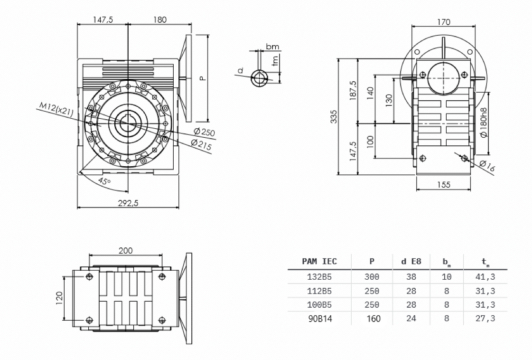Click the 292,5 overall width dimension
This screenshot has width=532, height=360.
pyautogui.click(x=129, y=203)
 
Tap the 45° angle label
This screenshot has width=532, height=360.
pyautogui.click(x=104, y=181)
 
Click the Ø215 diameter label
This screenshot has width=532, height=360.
pyautogui.click(x=200, y=144)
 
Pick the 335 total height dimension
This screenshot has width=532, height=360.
pyautogui.click(x=334, y=116)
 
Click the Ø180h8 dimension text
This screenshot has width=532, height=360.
pyautogui.click(x=483, y=122)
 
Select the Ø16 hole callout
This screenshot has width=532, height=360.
pyautogui.click(x=487, y=166)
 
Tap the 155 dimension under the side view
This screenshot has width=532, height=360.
pyautogui.click(x=443, y=185)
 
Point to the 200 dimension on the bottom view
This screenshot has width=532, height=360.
pyautogui.click(x=125, y=250)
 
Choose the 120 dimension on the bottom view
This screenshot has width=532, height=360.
pyautogui.click(x=60, y=298)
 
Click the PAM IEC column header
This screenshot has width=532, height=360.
pyautogui.click(x=319, y=261)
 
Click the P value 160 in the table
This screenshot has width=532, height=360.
pyautogui.click(x=373, y=319)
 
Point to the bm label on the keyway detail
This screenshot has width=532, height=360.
pyautogui.click(x=272, y=47)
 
